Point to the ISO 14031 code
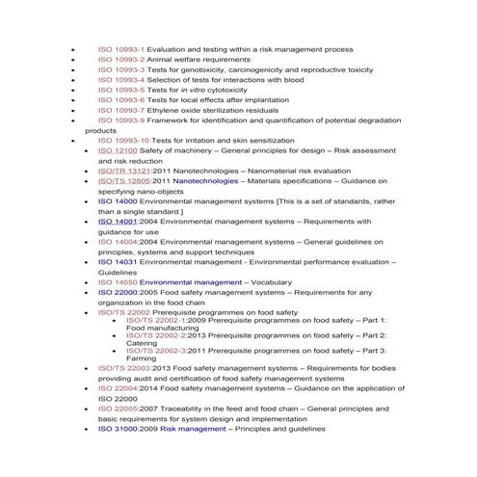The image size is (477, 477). pos(118,262)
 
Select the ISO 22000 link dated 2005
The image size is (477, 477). pos(118,292)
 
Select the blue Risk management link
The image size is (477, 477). pos(194,429)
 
